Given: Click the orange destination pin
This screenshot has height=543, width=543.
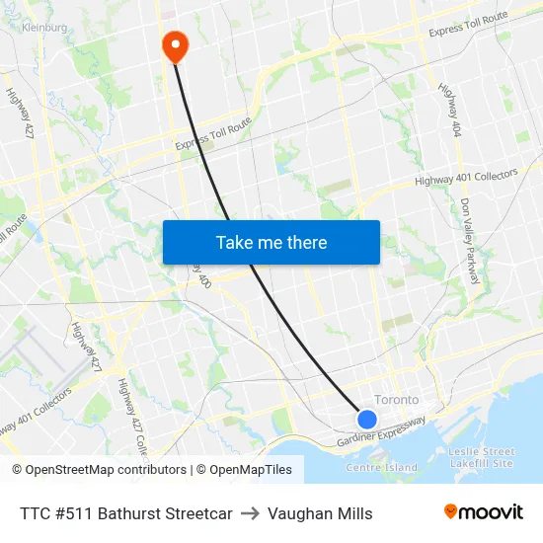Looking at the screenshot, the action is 175,42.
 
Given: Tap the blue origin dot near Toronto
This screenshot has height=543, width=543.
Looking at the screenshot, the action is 366,420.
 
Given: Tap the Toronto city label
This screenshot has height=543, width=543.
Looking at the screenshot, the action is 396,400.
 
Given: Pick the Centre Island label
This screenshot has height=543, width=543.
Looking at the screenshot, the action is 381,467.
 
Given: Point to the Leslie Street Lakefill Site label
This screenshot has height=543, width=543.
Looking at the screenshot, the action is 481,457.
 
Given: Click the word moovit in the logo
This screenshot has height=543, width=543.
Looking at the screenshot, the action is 491,511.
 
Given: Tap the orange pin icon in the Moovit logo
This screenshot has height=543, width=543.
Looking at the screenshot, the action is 451,511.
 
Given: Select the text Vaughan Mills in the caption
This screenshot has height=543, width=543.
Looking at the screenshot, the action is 320,513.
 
